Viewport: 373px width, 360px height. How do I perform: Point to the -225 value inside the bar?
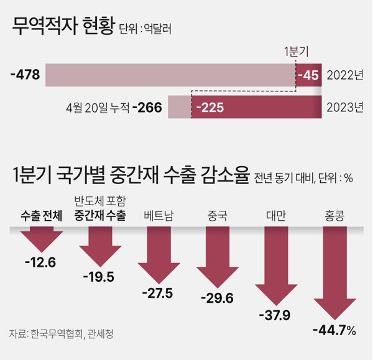210,108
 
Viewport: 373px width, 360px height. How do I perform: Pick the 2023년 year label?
346,108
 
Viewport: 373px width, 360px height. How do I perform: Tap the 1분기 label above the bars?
296,51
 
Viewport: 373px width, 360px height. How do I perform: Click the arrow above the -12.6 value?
40,239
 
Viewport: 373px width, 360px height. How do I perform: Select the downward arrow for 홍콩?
335,274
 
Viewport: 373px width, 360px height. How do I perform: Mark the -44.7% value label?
334,330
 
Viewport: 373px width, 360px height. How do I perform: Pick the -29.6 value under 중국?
217,299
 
